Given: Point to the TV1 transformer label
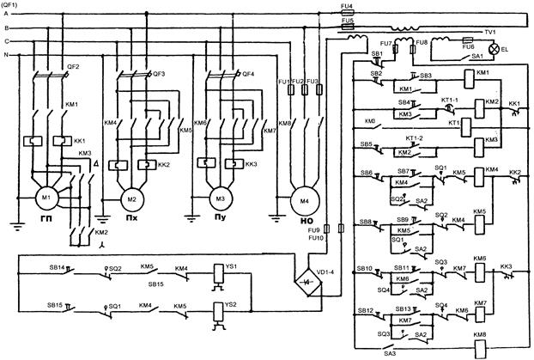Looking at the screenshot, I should tap(490, 32).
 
